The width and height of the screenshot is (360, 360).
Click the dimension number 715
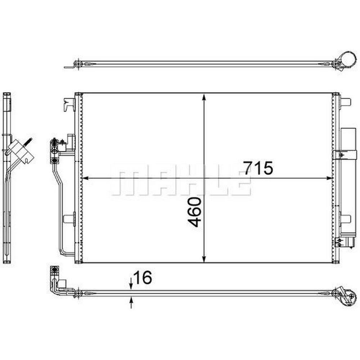pos(258,168)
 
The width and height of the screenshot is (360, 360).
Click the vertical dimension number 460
pos(194,212)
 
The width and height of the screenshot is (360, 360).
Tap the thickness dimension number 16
pos(143,277)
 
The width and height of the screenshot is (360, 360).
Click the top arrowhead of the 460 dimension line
pos(204,97)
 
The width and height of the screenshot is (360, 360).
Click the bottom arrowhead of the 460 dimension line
pos(204,258)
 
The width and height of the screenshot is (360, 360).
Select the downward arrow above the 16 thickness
pos(131,284)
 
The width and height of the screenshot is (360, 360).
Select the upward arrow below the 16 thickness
pos(131,302)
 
